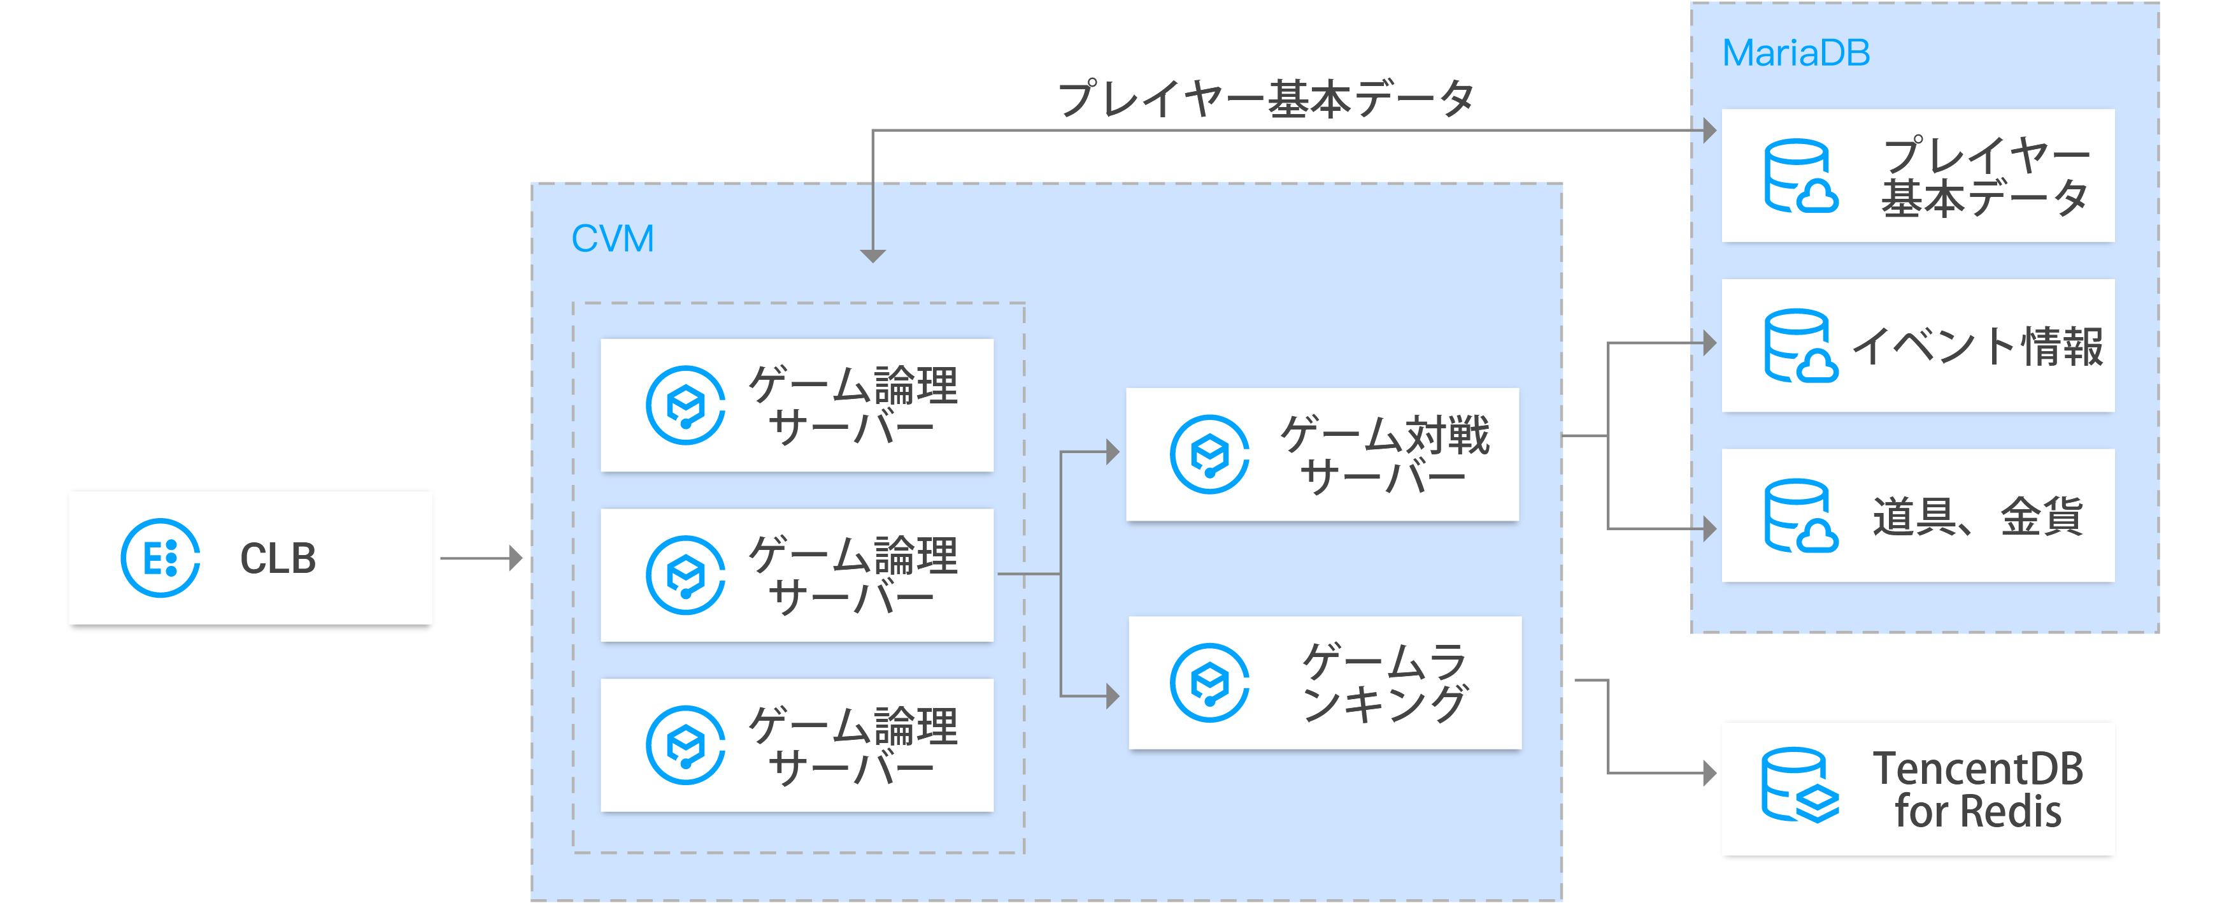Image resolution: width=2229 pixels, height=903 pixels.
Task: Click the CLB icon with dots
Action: [x=160, y=558]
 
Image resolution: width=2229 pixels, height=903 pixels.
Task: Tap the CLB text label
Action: [x=278, y=558]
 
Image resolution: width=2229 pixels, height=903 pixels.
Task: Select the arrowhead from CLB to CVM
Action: [x=516, y=558]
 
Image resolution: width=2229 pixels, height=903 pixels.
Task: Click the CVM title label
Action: [x=613, y=239]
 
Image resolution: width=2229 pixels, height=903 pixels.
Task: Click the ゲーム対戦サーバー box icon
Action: [x=1209, y=454]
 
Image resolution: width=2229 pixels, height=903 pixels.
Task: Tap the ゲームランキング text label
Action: [x=1385, y=683]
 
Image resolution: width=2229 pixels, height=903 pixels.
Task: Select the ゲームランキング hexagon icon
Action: [x=1209, y=683]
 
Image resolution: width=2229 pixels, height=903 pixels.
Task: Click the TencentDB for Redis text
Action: [x=1978, y=790]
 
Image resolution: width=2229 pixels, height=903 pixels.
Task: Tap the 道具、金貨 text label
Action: [x=1977, y=517]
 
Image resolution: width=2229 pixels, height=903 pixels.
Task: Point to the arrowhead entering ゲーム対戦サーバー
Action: [x=1112, y=451]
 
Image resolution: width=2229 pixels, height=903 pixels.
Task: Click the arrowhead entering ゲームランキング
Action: [x=1112, y=695]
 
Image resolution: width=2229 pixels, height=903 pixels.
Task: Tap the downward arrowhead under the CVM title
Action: [x=872, y=256]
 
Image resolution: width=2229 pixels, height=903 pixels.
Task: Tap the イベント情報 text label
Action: [x=1977, y=346]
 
